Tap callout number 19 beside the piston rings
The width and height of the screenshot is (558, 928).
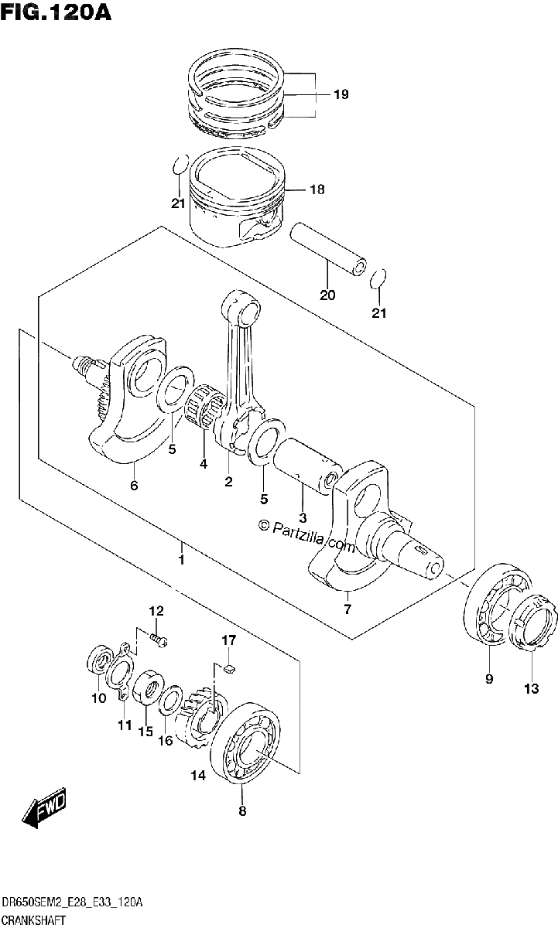[341, 94]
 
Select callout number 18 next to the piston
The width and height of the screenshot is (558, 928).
[317, 189]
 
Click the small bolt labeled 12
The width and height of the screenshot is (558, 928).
[159, 639]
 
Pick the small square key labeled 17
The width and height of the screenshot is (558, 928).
[230, 667]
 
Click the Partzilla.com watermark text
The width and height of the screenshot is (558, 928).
[307, 536]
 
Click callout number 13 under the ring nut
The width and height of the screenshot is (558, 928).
[532, 688]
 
